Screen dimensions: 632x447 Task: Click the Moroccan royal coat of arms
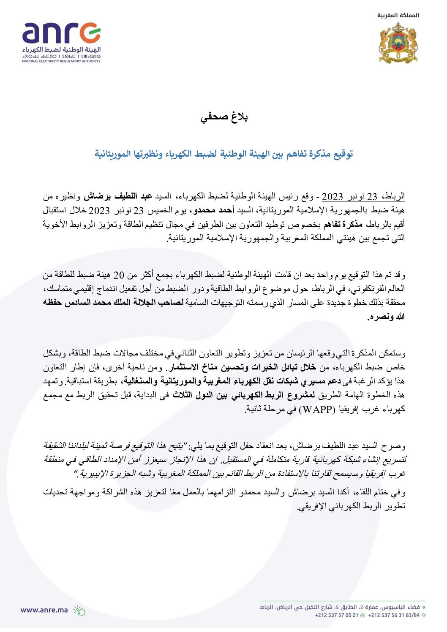pos(398,43)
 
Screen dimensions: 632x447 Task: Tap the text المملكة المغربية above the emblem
pos(398,15)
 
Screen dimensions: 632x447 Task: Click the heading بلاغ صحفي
pos(223,117)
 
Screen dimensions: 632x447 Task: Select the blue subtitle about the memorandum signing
pos(223,154)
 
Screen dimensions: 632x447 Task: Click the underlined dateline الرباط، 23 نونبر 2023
pos(363,196)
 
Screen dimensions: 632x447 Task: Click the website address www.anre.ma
pos(44,610)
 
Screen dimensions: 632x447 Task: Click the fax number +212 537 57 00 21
pos(336,615)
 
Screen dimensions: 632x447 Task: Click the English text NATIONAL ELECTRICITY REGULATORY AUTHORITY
pos(61,61)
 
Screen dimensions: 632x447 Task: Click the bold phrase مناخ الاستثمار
pos(195,367)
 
